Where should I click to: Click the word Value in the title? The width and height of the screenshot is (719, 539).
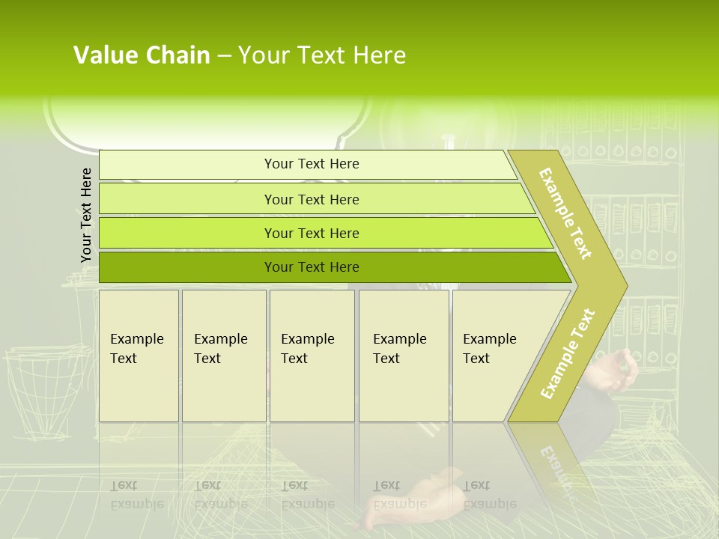click(103, 55)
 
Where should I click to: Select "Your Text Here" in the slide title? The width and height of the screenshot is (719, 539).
click(322, 55)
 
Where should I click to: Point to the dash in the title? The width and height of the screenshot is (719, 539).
click(224, 56)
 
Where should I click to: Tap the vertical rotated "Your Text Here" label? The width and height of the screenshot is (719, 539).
click(86, 215)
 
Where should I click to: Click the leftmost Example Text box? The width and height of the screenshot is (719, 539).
click(139, 356)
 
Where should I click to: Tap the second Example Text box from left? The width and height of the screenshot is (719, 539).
click(224, 356)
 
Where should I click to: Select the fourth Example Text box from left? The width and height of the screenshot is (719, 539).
click(404, 356)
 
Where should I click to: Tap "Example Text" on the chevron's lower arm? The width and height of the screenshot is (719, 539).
click(568, 353)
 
